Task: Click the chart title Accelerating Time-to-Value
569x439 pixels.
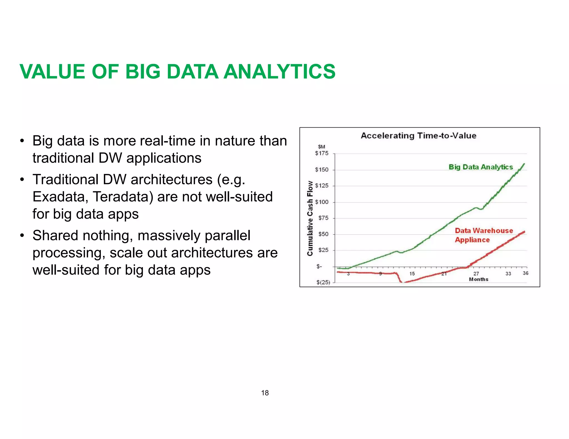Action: [x=418, y=136]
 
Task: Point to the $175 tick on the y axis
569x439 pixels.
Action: [x=321, y=153]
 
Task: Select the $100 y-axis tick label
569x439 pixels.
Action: [x=321, y=202]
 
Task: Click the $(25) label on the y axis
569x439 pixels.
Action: [x=323, y=282]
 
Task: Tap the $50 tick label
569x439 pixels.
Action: [x=323, y=234]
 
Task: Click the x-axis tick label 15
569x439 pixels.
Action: [x=412, y=274]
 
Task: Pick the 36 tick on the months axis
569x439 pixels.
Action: [x=525, y=273]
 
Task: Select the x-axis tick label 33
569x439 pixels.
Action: [x=508, y=274]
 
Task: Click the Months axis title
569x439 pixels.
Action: [x=478, y=279]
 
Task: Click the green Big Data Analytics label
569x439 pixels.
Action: [x=481, y=167]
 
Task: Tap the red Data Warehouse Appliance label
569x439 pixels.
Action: [x=483, y=235]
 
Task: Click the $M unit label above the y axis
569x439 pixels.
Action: [x=321, y=147]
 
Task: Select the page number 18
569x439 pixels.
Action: [x=265, y=393]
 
